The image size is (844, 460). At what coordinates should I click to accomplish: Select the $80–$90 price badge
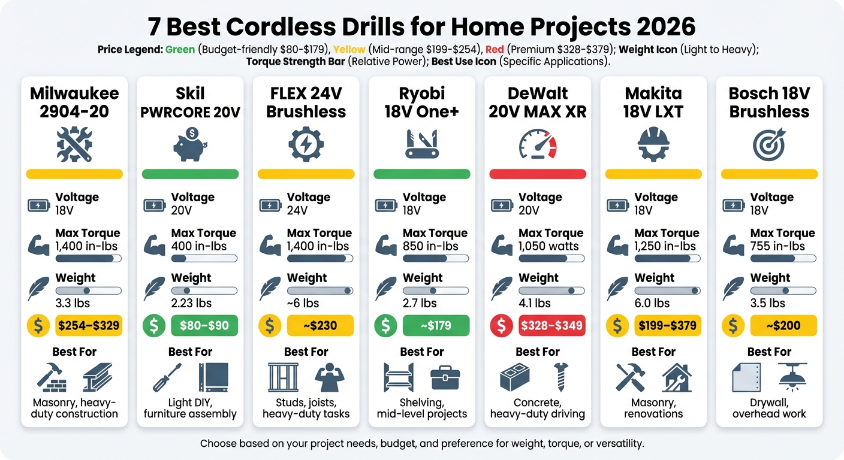coord(204,326)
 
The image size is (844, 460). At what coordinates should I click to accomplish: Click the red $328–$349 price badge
coord(552,326)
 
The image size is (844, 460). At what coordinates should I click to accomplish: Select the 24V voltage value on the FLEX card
coord(297,210)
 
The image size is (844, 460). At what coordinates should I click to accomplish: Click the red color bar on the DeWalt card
coord(538,174)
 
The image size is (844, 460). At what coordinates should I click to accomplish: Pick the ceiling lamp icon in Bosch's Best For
coord(792,377)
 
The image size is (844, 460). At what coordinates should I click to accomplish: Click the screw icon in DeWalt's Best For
coord(561,377)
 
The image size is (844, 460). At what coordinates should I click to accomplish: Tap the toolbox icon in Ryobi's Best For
coord(445,378)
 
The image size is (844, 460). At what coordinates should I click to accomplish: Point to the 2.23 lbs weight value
coord(191,303)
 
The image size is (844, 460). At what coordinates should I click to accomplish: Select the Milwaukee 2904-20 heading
coord(74,102)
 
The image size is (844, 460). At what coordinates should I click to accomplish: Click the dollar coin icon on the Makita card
coord(617,326)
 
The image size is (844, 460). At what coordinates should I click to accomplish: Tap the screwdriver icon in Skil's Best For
coord(167,377)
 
